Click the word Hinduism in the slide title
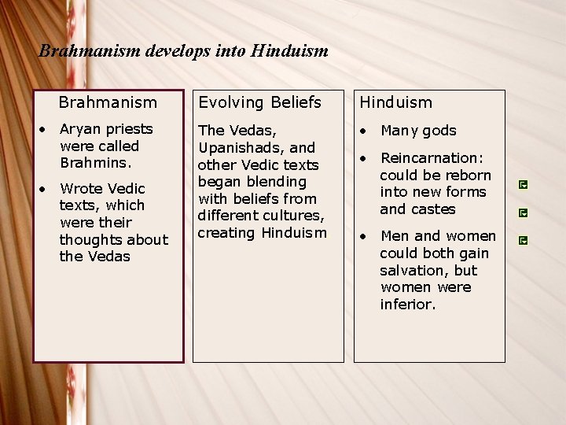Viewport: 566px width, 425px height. point(289,52)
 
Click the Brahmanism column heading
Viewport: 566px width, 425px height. point(108,102)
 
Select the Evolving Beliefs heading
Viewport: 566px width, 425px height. point(259,102)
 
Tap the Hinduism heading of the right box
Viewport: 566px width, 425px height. point(396,102)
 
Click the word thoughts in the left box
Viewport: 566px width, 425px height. point(92,239)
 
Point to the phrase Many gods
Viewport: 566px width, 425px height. point(418,131)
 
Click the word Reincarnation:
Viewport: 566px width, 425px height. point(430,157)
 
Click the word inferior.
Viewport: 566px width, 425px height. point(407,305)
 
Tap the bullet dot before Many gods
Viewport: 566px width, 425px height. point(364,131)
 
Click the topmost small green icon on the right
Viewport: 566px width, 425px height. point(523,185)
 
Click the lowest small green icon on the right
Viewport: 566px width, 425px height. point(523,238)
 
